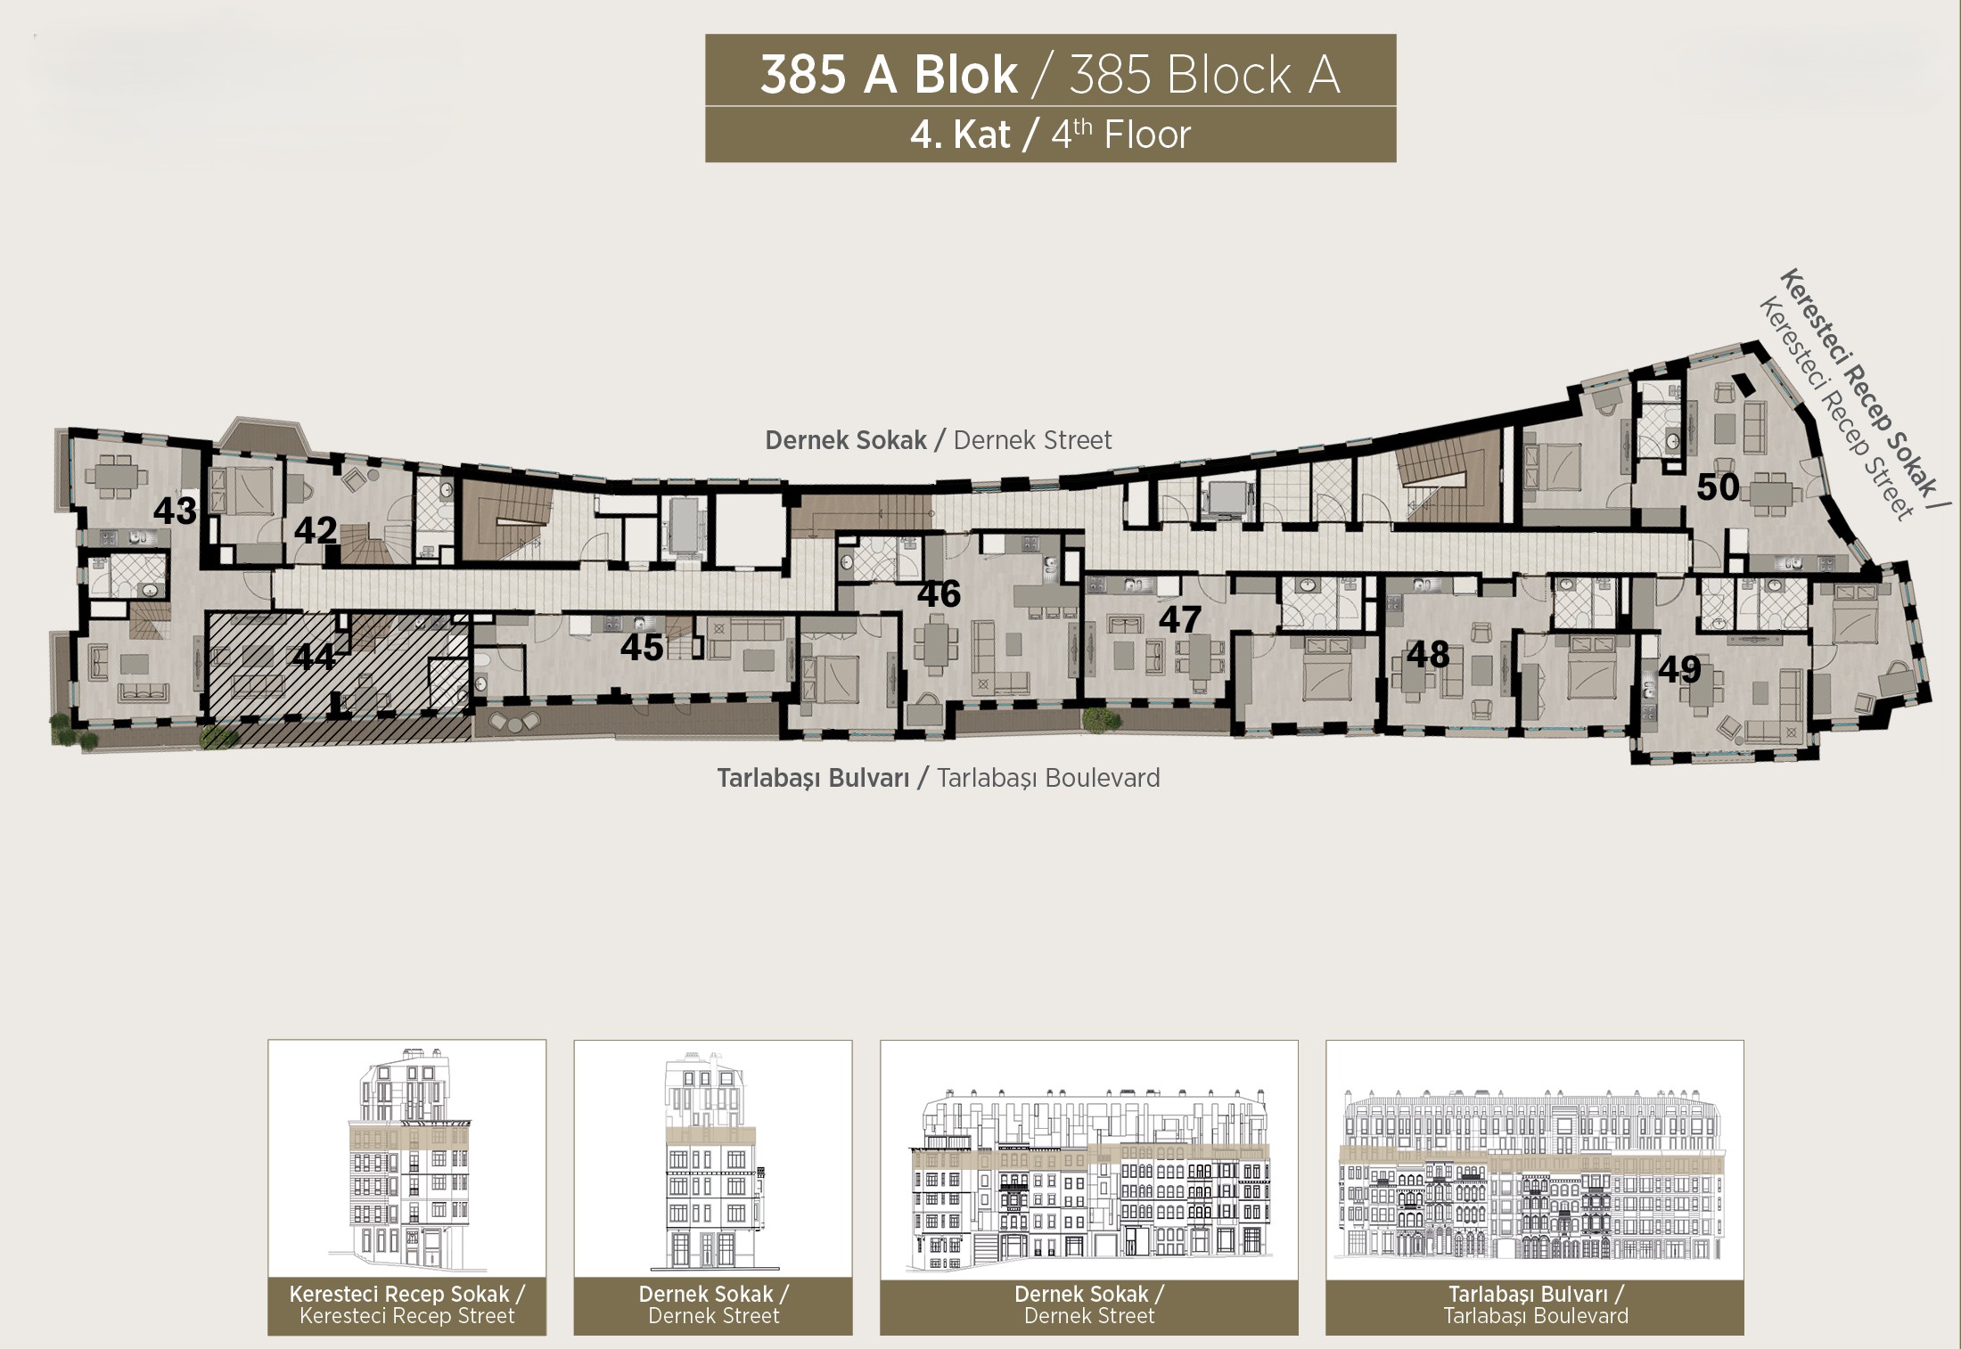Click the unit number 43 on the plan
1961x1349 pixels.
pyautogui.click(x=175, y=511)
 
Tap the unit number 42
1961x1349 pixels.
pyautogui.click(x=316, y=530)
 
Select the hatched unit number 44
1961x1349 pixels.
pyautogui.click(x=314, y=658)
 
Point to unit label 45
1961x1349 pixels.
pyautogui.click(x=642, y=648)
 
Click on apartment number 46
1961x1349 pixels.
pyautogui.click(x=939, y=594)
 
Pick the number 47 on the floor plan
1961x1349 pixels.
pyautogui.click(x=1180, y=619)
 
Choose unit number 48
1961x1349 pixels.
pyautogui.click(x=1428, y=655)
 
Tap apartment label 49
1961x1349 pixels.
pyautogui.click(x=1680, y=670)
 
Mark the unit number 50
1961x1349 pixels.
pyautogui.click(x=1718, y=486)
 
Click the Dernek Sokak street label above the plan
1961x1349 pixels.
pyautogui.click(x=939, y=440)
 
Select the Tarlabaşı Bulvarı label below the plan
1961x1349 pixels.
pyautogui.click(x=939, y=778)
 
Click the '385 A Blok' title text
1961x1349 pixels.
pyautogui.click(x=889, y=75)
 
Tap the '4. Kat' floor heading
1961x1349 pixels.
pyautogui.click(x=960, y=135)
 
